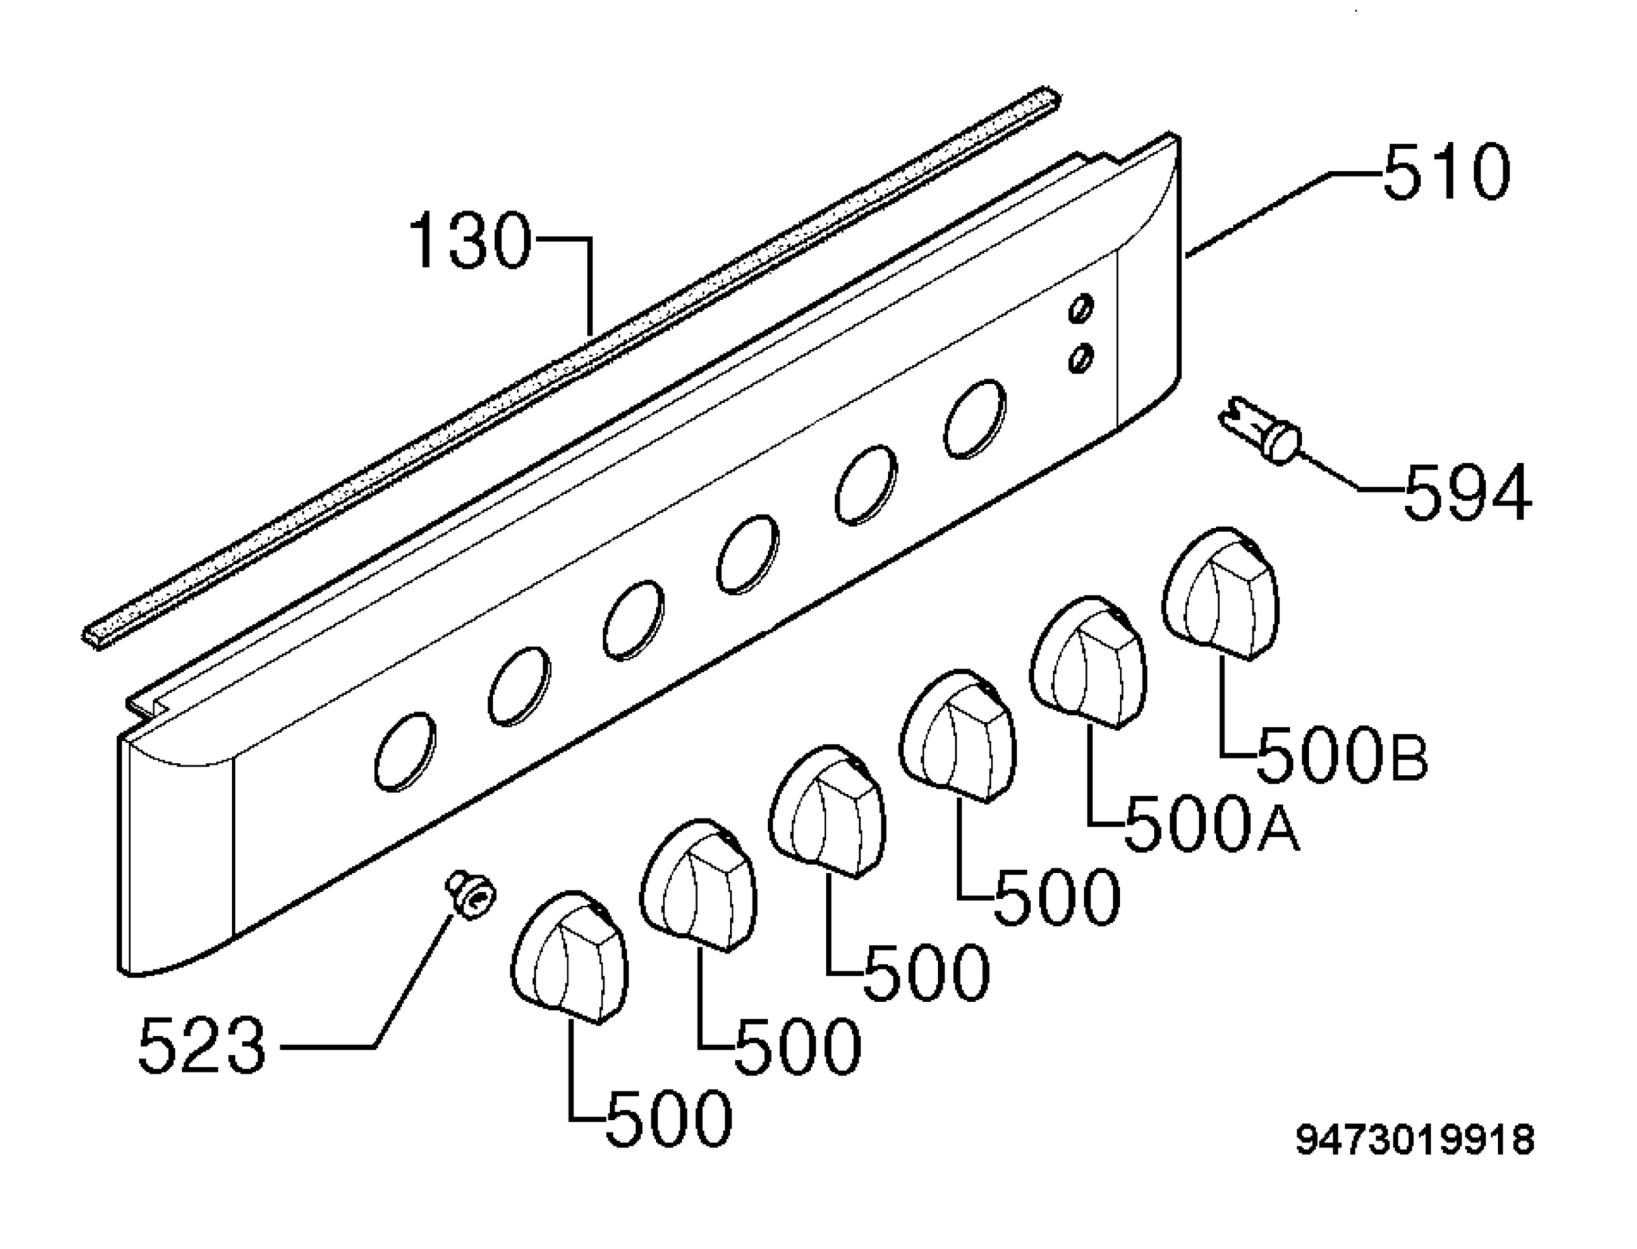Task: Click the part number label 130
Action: pyautogui.click(x=471, y=240)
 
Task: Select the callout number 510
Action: pyautogui.click(x=1447, y=172)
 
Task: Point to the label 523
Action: pyautogui.click(x=201, y=1044)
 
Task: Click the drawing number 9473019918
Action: pyautogui.click(x=1415, y=1140)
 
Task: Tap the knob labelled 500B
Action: pyautogui.click(x=1221, y=593)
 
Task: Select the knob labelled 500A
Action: pyautogui.click(x=1089, y=662)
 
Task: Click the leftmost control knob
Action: pyautogui.click(x=570, y=957)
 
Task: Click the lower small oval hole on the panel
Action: pyautogui.click(x=1081, y=358)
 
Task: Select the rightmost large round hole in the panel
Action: pyautogui.click(x=975, y=419)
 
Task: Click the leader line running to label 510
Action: pyautogui.click(x=1283, y=215)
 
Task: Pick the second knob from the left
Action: pyautogui.click(x=698, y=885)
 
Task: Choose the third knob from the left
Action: pyautogui.click(x=827, y=811)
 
